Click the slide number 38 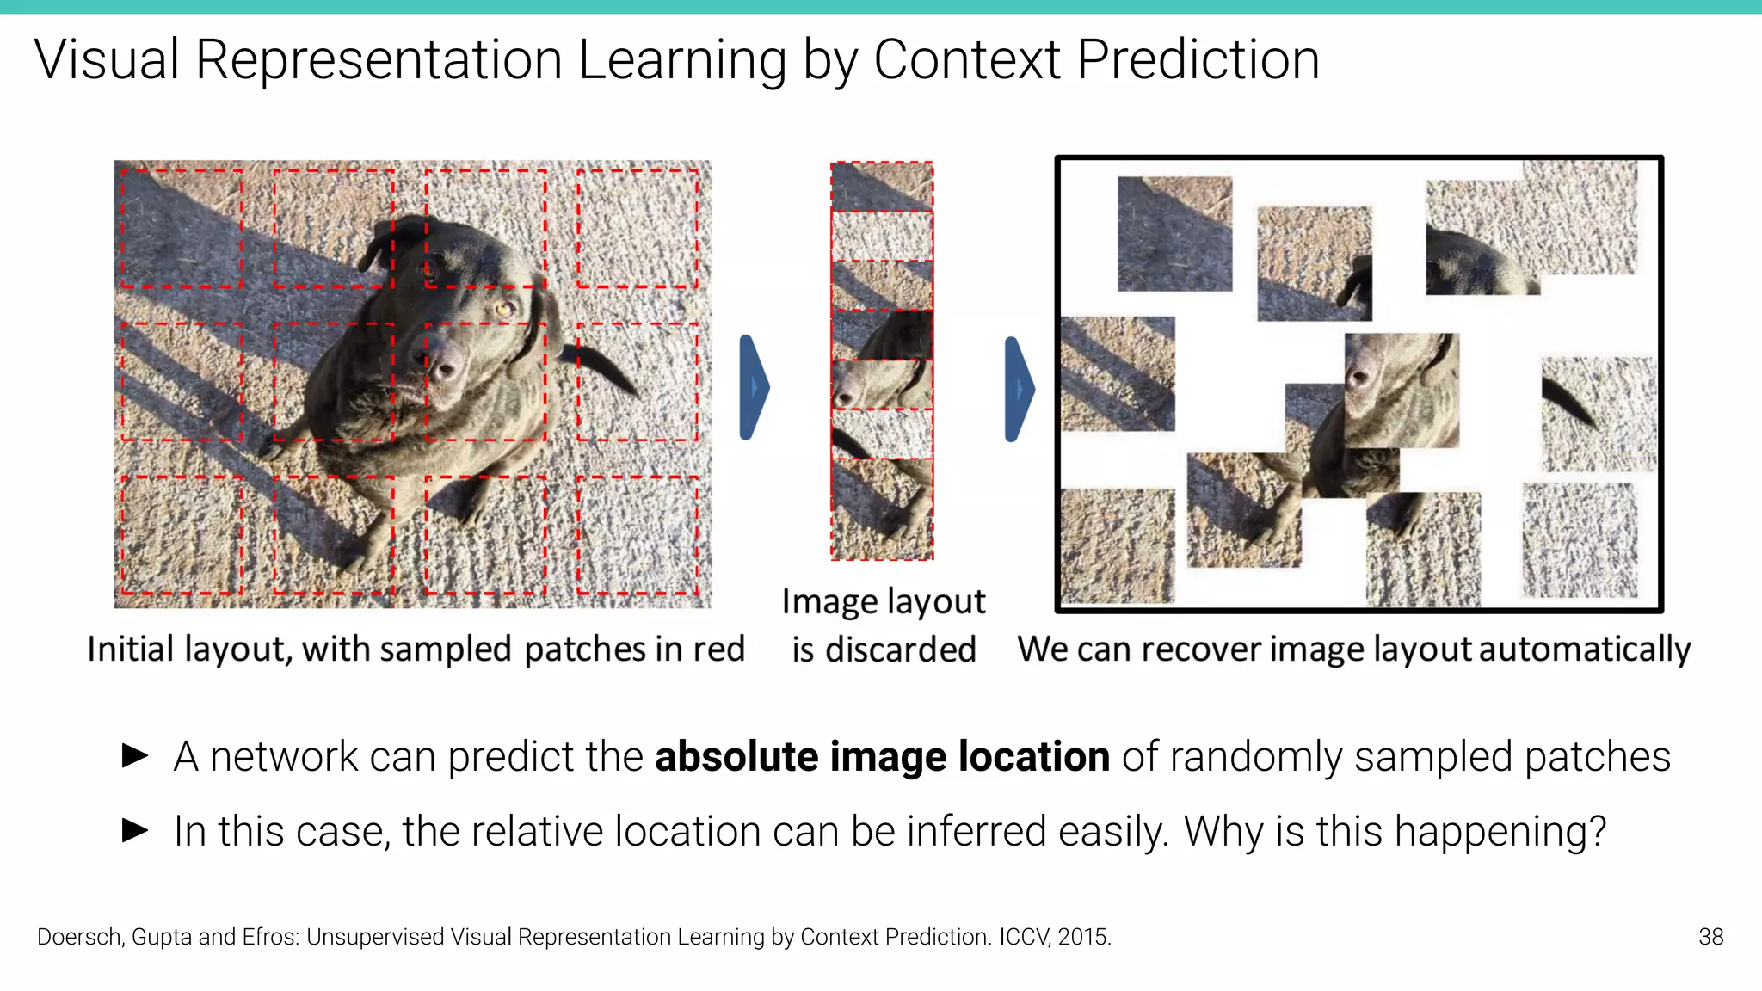(1710, 937)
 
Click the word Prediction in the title (1198, 60)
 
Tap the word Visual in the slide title (107, 60)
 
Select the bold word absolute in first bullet (736, 757)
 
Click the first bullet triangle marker (135, 756)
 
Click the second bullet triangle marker (135, 831)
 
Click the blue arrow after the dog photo (754, 388)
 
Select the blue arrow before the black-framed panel (1019, 389)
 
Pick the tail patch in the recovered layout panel (1599, 414)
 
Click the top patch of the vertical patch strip (882, 186)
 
